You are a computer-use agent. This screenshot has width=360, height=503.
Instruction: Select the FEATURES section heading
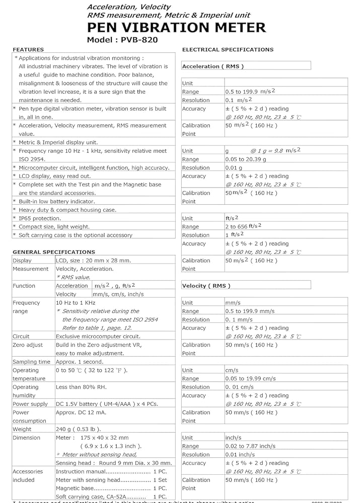[x=28, y=50]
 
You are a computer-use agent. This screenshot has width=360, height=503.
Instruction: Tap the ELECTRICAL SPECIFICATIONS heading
[x=228, y=50]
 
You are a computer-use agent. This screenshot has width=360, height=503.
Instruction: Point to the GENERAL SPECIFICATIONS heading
[x=53, y=252]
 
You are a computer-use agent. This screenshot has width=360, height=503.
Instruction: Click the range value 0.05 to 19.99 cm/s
[x=250, y=378]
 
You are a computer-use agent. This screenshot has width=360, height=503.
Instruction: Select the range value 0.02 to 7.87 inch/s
[x=250, y=446]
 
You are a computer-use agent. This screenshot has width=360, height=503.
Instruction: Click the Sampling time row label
[x=31, y=362]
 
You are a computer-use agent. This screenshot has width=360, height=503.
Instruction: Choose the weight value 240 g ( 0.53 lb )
[x=78, y=429]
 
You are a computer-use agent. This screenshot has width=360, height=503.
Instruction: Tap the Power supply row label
[x=30, y=404]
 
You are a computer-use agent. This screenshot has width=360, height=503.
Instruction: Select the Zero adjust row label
[x=28, y=345]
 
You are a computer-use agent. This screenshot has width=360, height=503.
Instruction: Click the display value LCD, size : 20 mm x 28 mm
[x=93, y=261]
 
